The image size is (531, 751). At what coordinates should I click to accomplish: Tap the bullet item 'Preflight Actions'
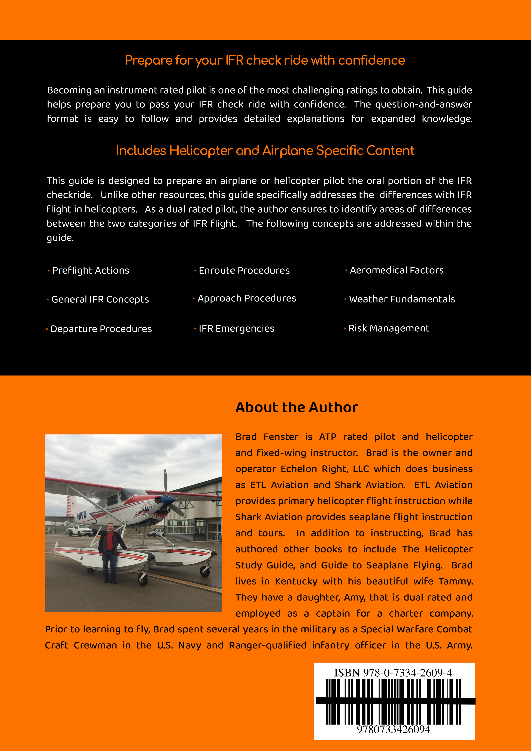tap(91, 271)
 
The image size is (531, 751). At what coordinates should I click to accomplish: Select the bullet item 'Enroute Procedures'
tap(244, 271)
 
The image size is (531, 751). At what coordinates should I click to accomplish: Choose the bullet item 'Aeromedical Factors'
tap(397, 270)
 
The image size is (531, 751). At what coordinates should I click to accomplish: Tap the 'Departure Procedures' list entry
tap(101, 329)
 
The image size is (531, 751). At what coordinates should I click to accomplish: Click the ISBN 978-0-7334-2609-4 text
tap(393, 673)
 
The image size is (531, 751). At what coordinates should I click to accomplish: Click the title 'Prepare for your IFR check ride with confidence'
tap(265, 61)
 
